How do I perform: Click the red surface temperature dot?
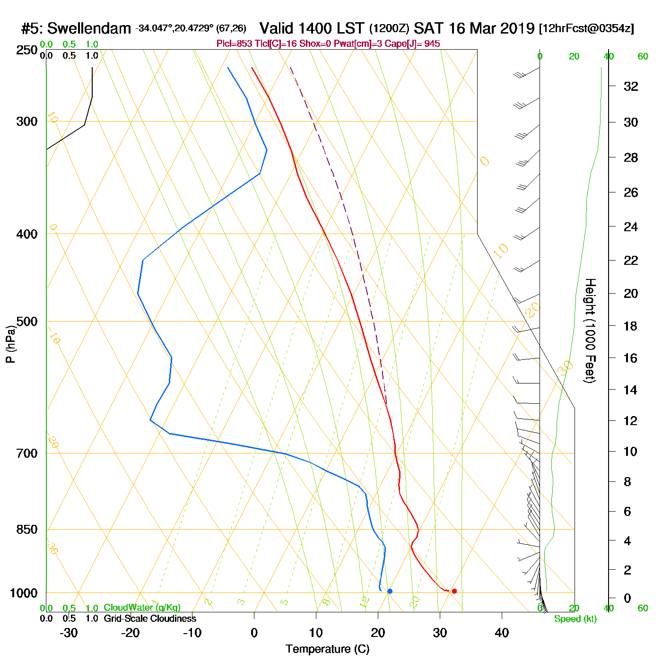454,591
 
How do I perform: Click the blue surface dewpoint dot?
390,591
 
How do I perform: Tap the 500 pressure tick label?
27,322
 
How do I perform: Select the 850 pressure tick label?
27,530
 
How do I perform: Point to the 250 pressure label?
27,50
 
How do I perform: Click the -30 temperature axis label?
69,633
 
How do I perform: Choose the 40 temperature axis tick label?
502,633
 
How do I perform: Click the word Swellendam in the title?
89,28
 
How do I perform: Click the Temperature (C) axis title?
327,649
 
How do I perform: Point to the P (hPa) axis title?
10,344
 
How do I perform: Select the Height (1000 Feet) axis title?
590,331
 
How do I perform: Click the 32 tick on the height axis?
631,86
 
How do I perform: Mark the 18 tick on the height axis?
631,326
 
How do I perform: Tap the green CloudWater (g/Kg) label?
142,608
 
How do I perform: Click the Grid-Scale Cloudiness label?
150,618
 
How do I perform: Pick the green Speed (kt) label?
575,619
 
